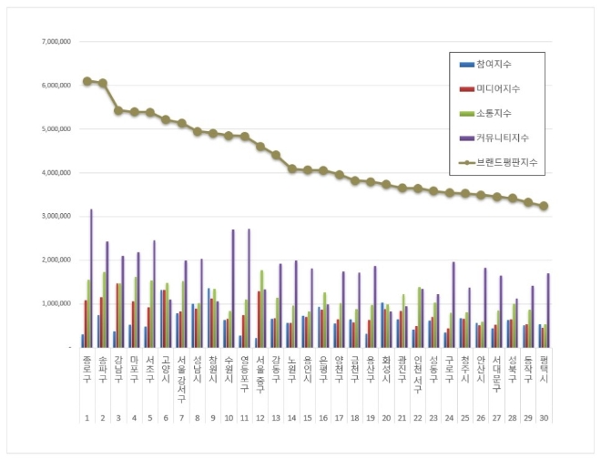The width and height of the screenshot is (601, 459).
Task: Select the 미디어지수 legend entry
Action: point(496,89)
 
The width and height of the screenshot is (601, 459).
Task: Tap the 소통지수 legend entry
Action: point(493,113)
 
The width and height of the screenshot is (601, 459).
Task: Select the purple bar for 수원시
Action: point(233,288)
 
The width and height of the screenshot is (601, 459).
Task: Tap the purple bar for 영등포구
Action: point(250,288)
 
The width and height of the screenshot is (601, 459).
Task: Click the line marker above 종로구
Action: point(87,81)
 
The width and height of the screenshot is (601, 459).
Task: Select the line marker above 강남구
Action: point(118,110)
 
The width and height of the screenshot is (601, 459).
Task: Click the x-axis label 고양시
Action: point(166,369)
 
